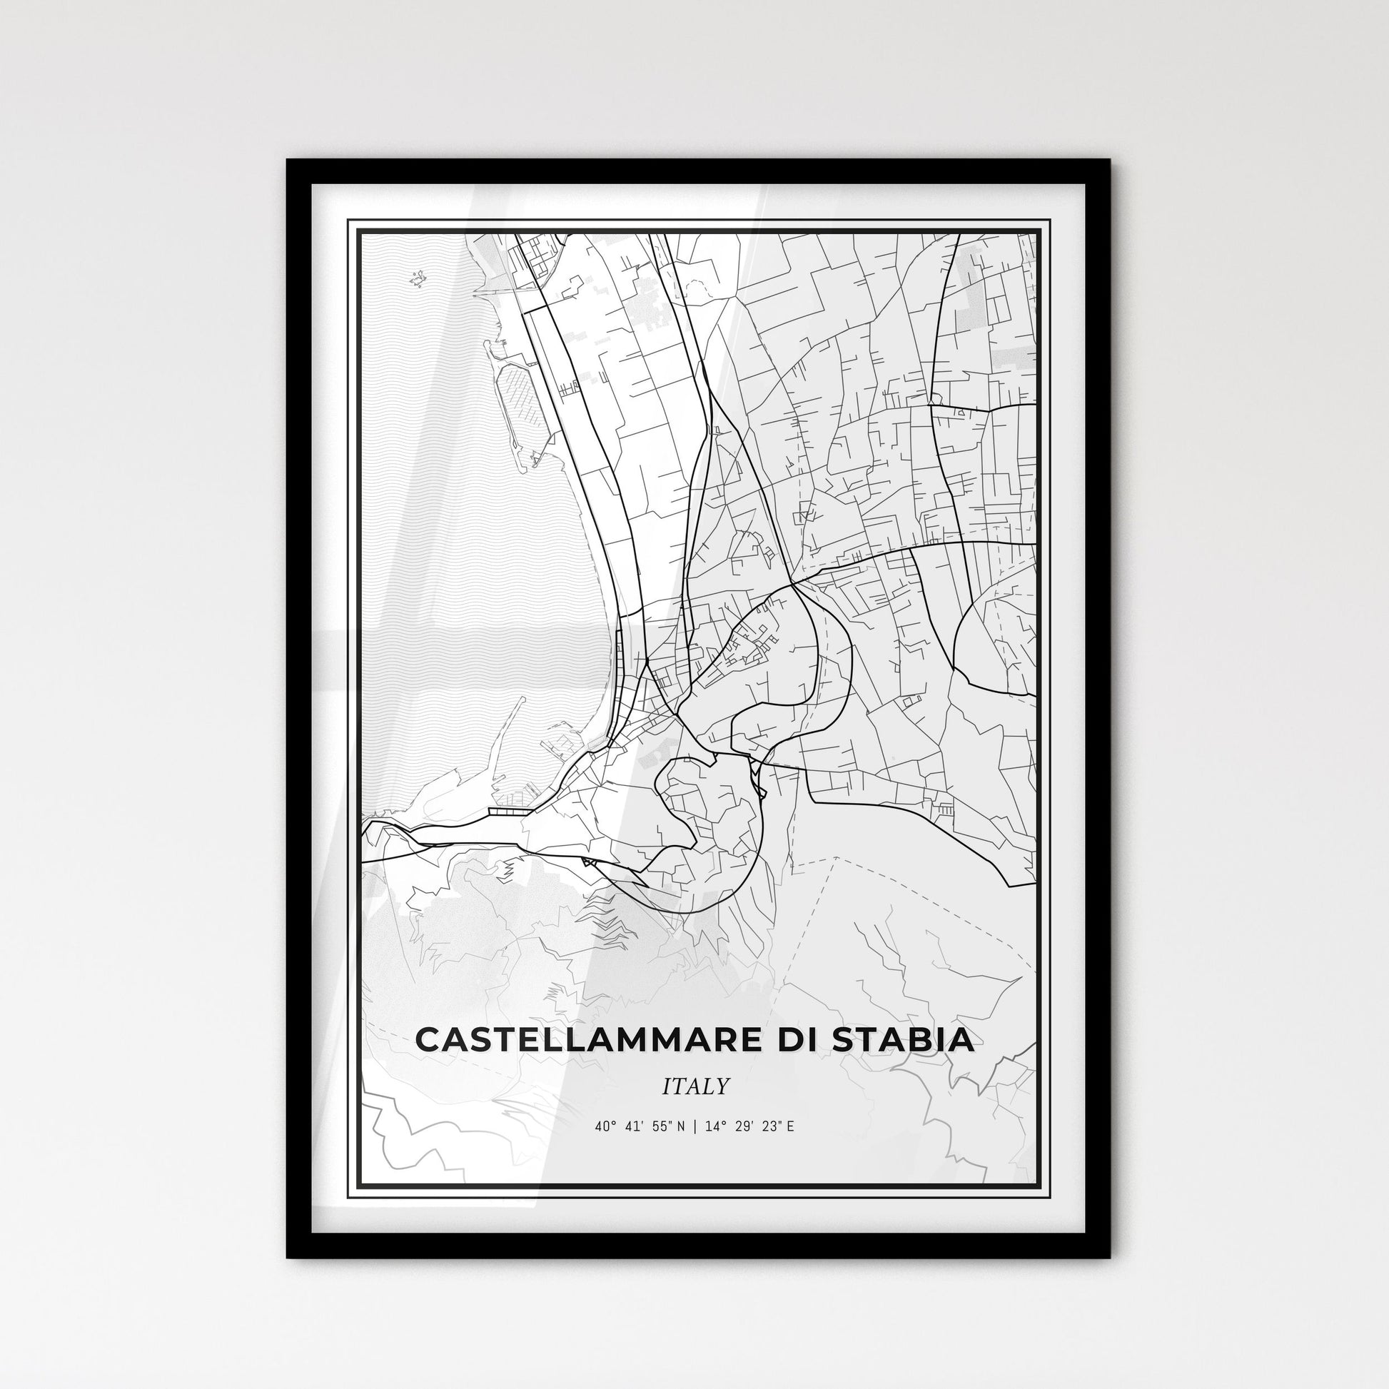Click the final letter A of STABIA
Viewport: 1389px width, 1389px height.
tap(963, 1040)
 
